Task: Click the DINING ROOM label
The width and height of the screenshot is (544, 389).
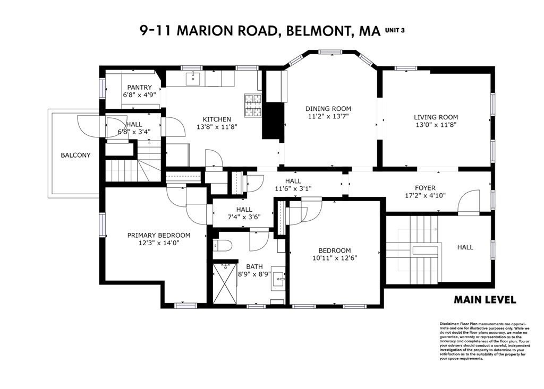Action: [x=329, y=108]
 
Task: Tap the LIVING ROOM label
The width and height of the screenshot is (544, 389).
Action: [x=436, y=117]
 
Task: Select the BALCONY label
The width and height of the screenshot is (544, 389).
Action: [x=75, y=155]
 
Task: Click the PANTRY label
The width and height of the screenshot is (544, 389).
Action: [x=140, y=88]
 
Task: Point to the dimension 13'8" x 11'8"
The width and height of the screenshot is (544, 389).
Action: [x=217, y=127]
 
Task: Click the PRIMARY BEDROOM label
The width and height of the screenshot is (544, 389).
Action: [x=158, y=235]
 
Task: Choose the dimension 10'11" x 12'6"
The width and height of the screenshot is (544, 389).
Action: [x=335, y=258]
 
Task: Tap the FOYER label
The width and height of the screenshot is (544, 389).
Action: [x=425, y=188]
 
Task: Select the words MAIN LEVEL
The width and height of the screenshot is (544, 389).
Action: [x=484, y=300]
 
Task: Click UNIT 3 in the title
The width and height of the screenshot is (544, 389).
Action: [x=396, y=31]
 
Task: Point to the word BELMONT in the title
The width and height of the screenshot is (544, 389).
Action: [x=316, y=30]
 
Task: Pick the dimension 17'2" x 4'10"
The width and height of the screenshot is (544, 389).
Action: [x=425, y=195]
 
